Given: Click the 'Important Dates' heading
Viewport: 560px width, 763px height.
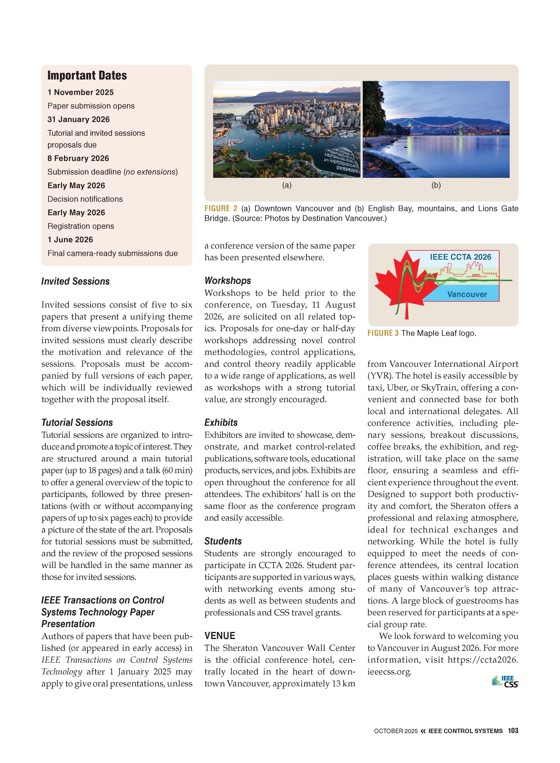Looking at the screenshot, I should (x=87, y=75).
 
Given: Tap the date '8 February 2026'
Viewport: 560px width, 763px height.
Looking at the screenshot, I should (x=78, y=158).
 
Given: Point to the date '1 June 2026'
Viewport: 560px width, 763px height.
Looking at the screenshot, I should (x=70, y=240).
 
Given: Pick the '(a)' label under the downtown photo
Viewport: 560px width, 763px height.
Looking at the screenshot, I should (x=287, y=185).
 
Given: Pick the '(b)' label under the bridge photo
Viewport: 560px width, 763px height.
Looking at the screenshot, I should (x=436, y=185).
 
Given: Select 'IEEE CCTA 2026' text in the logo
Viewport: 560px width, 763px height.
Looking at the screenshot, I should (x=460, y=257).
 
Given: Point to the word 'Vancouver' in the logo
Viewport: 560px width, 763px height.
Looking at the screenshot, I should (x=467, y=294).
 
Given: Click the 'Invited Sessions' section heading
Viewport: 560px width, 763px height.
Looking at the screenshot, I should (x=75, y=282).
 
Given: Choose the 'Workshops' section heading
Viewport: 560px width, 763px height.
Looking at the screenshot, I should (x=227, y=281).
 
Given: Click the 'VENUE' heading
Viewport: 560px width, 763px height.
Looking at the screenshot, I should (x=220, y=636).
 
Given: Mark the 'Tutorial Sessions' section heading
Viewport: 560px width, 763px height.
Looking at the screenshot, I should (x=77, y=423).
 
